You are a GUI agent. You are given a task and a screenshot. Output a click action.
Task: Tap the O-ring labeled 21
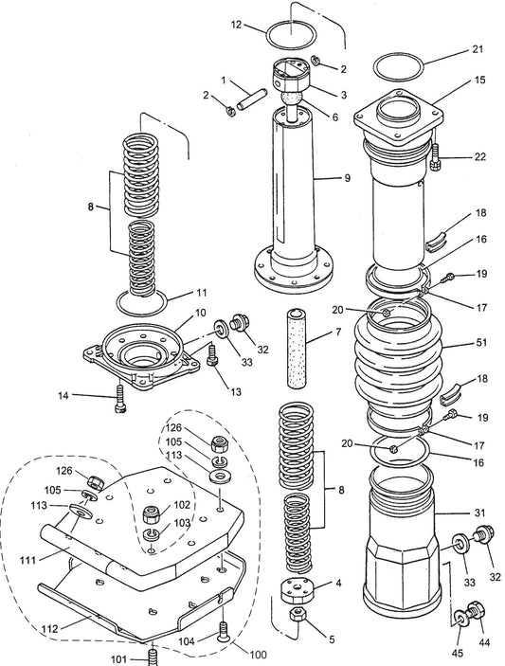pos(397,67)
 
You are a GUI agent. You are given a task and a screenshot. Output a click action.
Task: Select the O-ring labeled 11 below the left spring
pos(142,304)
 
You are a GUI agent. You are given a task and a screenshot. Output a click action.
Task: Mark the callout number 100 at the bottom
pos(258,655)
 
